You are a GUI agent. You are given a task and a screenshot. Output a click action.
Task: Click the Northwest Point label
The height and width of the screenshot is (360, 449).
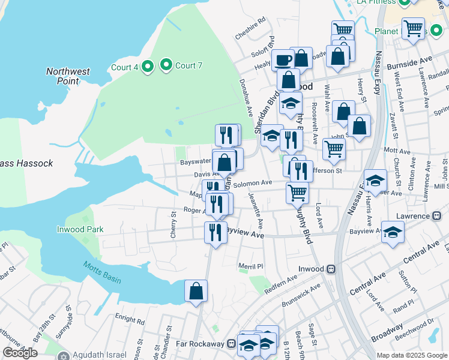[68, 76]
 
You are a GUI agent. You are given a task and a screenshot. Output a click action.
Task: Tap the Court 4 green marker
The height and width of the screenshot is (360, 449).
[148, 67]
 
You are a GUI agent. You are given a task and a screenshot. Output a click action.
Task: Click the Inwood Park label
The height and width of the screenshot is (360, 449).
[80, 229]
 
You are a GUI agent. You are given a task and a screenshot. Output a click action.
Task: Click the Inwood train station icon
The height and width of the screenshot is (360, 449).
[330, 269]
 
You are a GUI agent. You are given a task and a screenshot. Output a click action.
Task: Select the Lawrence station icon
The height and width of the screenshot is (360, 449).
[442, 216]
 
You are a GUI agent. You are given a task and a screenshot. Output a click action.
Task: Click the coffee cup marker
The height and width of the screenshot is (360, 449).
[283, 60]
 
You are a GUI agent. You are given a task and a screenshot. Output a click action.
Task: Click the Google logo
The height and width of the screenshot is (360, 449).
[20, 353]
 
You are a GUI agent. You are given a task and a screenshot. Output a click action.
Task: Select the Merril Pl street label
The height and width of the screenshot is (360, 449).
[251, 266]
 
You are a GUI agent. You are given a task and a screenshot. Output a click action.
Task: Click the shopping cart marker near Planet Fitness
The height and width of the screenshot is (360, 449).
[413, 28]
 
